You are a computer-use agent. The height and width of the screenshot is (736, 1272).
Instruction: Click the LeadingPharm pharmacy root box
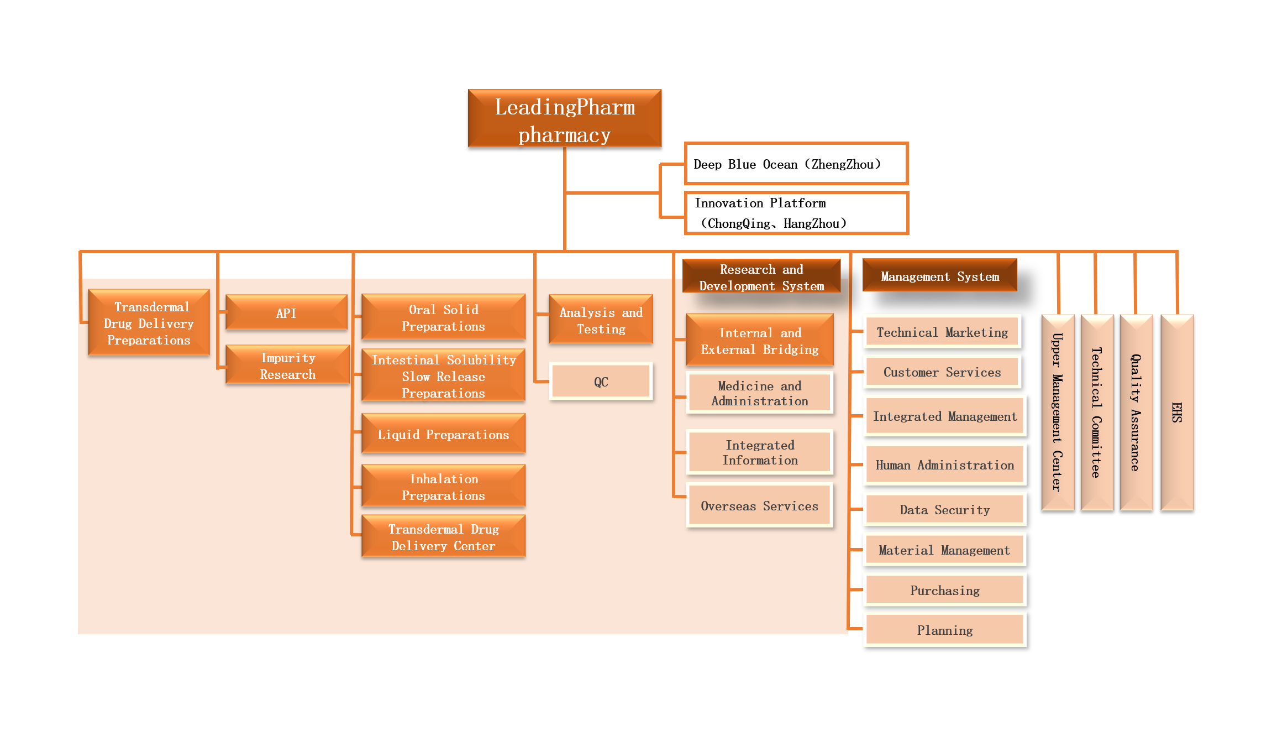(564, 118)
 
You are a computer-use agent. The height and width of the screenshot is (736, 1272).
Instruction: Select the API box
(286, 313)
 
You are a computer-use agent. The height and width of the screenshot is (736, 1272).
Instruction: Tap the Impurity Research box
(287, 366)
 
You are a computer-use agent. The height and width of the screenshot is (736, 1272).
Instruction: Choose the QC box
(601, 382)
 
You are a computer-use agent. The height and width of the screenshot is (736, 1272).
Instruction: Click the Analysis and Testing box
(601, 320)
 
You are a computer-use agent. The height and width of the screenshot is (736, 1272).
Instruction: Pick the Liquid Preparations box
(443, 434)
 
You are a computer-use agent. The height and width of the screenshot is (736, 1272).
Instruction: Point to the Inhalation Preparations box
(443, 487)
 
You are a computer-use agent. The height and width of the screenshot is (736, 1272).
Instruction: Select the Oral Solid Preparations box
(443, 317)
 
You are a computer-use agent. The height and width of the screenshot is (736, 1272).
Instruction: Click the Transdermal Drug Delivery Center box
(443, 537)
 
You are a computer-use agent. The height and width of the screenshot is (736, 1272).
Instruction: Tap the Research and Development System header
(761, 277)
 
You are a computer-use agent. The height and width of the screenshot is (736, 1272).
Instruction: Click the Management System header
(939, 276)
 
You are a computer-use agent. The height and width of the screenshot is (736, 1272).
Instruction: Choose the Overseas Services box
(759, 505)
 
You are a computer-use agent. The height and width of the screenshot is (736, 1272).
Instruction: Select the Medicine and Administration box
(759, 393)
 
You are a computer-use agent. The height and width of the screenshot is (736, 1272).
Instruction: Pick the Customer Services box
(942, 372)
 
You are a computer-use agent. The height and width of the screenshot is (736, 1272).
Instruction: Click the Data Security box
(944, 509)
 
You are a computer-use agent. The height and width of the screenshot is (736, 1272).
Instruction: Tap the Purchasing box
(944, 590)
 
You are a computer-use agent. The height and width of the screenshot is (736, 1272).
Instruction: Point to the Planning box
(944, 630)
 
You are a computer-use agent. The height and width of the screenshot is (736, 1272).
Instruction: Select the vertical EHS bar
(1177, 412)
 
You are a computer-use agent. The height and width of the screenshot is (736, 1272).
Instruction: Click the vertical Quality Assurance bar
(1136, 412)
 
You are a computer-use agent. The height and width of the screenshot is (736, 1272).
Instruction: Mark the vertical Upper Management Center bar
(1058, 412)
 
